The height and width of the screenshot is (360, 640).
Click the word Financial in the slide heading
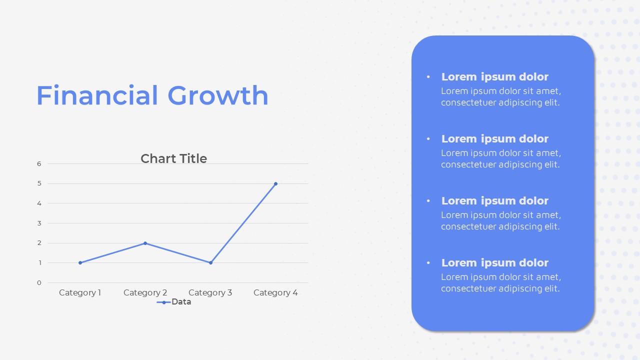(97, 95)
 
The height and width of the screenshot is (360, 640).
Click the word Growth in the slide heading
(218, 95)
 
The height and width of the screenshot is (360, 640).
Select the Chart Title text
(173, 158)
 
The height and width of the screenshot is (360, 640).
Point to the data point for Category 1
(80, 263)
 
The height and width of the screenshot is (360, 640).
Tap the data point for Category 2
(145, 243)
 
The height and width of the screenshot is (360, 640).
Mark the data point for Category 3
(210, 263)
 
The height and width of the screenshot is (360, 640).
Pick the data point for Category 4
(275, 183)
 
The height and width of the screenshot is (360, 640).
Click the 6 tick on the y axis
(39, 163)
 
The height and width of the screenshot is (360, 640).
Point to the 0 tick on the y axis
(39, 283)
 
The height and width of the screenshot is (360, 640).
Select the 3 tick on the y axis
(39, 223)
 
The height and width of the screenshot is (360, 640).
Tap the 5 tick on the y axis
(39, 183)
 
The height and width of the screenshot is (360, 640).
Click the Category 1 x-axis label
(80, 292)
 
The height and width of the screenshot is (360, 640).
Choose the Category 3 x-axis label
(210, 292)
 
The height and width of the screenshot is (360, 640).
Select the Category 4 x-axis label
(275, 292)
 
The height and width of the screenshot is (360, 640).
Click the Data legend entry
(174, 302)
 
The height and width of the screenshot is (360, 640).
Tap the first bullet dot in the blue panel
(428, 76)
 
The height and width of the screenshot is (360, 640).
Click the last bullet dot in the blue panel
(428, 262)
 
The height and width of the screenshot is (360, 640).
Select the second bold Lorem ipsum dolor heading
(495, 139)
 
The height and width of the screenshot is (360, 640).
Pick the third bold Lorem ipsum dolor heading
(495, 201)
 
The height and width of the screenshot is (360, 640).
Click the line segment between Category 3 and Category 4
(243, 223)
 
